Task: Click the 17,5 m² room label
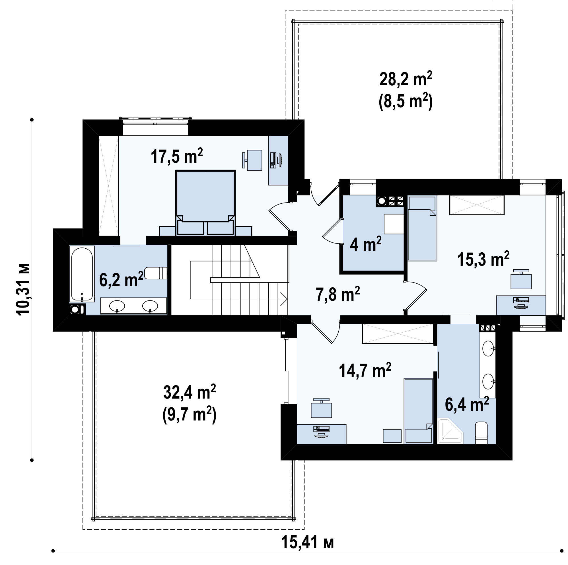177,156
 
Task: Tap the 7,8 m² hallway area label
338,294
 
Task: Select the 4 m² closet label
366,244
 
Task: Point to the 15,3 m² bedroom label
483,259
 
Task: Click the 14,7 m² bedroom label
365,370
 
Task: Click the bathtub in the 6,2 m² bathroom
82,274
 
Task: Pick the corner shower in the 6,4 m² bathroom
450,431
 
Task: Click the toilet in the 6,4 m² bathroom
481,433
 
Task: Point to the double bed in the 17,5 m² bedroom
205,203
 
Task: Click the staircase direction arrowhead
284,299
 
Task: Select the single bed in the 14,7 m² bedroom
419,411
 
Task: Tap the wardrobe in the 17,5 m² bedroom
109,186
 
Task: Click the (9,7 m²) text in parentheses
190,415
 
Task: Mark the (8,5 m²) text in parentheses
406,101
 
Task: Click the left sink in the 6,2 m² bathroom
117,306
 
